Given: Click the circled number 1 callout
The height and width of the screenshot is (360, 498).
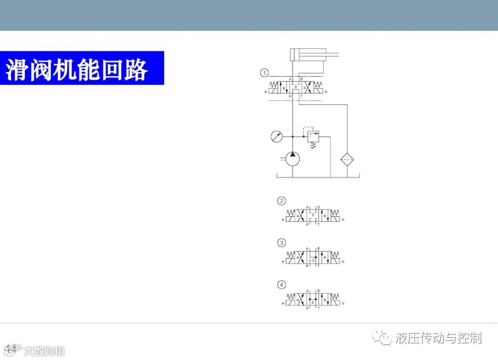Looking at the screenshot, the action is coord(264,72).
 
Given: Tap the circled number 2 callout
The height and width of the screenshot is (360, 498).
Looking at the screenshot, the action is coord(281,201).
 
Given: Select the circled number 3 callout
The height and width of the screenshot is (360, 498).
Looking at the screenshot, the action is coord(281,243).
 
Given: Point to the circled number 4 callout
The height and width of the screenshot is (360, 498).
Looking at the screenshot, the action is coord(281,284).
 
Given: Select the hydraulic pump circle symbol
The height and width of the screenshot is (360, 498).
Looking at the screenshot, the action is coord(293,159).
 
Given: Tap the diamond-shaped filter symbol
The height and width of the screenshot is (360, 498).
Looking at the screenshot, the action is coord(347,160).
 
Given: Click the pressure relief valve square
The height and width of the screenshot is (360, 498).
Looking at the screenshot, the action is coord(314,137).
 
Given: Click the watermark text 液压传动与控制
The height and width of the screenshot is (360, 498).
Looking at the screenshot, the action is coord(438,338).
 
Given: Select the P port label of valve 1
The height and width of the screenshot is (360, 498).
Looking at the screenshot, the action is coord(290,96).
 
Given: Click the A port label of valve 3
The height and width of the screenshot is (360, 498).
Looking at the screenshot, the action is coord(307,249).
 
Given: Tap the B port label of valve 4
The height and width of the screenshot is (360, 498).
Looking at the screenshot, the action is coord(319,290).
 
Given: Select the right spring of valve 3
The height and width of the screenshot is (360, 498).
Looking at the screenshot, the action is coord(336,254).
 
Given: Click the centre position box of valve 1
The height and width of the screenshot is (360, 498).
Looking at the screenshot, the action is coord(296,87).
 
